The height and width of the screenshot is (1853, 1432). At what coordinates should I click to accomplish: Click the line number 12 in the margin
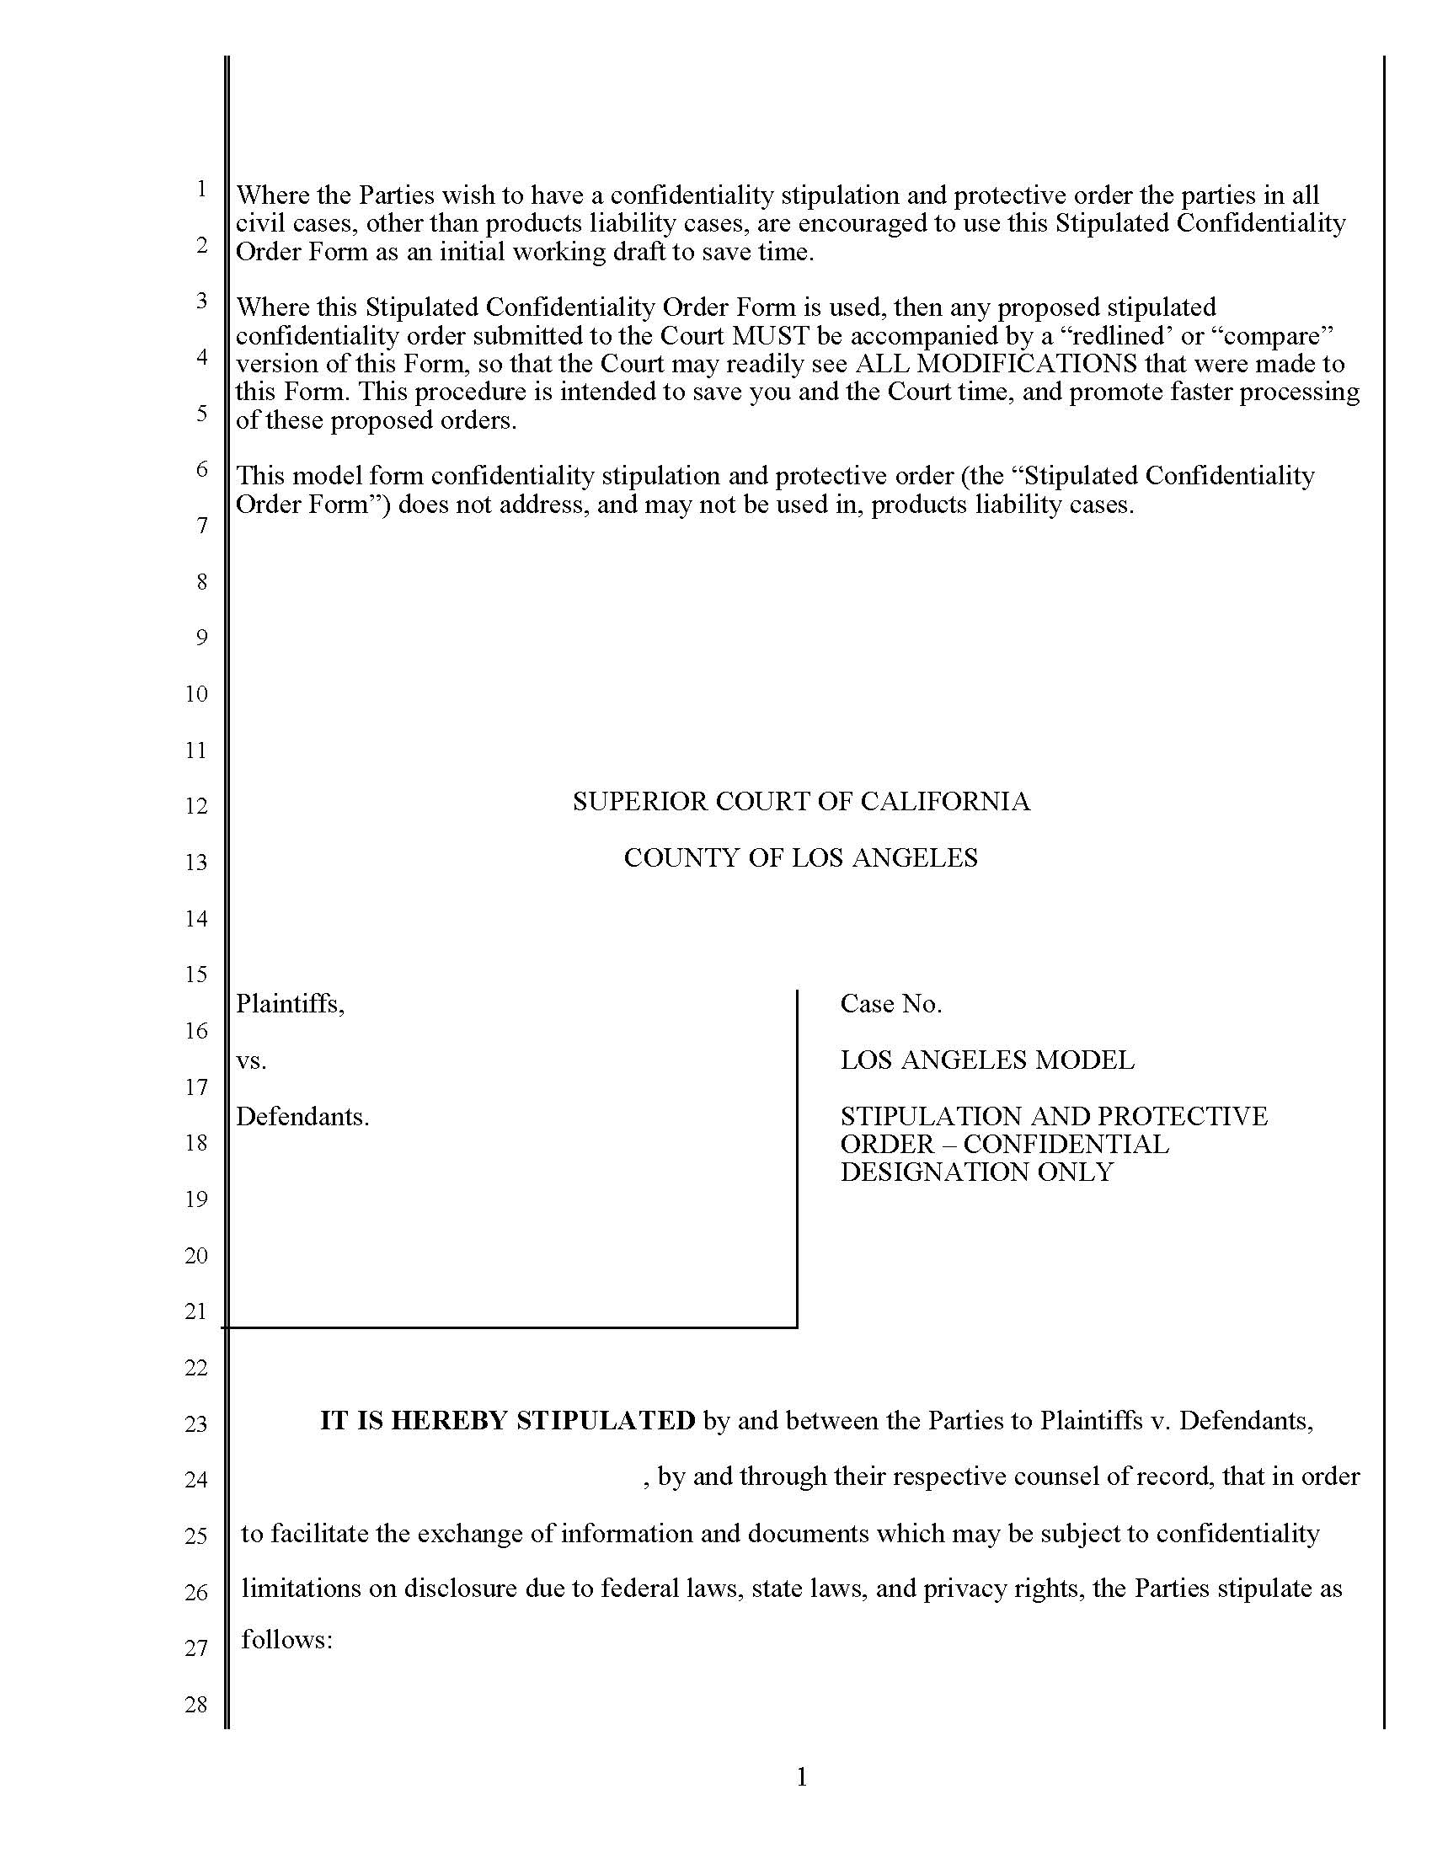tap(196, 806)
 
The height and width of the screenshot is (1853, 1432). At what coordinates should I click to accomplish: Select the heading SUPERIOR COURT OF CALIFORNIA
tap(801, 802)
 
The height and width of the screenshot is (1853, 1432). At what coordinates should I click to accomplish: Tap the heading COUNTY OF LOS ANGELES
tap(801, 857)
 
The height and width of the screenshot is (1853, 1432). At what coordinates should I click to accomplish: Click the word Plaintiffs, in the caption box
tap(290, 1004)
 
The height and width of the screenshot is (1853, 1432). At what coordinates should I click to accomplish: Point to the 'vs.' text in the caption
tap(251, 1060)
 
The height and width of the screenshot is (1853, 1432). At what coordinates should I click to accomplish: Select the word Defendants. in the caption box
tap(302, 1117)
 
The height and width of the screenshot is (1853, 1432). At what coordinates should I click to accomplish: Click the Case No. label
tap(890, 1004)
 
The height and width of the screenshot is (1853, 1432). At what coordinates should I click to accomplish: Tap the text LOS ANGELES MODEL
tap(986, 1060)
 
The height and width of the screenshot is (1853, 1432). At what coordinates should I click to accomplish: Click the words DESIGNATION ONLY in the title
tap(976, 1172)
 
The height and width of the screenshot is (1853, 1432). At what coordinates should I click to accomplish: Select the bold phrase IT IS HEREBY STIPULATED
tap(507, 1420)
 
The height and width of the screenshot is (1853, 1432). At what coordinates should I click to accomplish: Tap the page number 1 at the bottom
tap(802, 1776)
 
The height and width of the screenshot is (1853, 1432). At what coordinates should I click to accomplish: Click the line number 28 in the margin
tap(196, 1705)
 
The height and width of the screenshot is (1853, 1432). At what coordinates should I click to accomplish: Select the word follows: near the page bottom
tap(286, 1640)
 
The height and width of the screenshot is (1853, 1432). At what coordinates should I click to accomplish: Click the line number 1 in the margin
tap(201, 189)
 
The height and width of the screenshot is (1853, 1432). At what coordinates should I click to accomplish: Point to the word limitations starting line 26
tap(299, 1589)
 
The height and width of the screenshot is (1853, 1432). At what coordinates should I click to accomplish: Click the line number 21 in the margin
tap(196, 1311)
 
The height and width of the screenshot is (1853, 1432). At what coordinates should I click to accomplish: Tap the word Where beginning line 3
tap(271, 307)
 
